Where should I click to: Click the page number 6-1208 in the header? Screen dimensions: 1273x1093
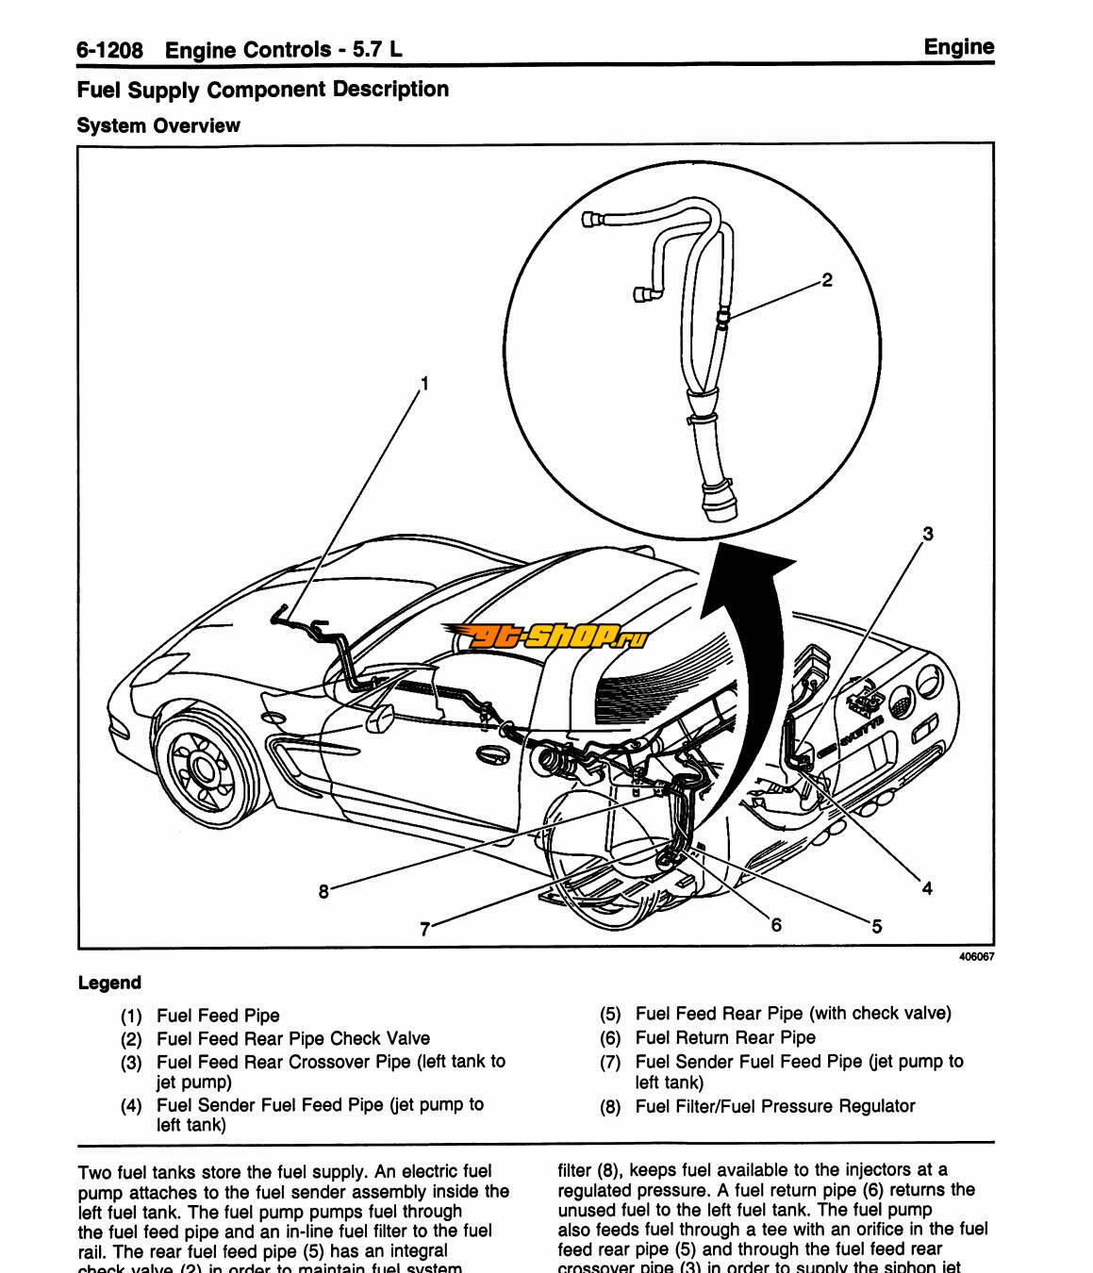[x=109, y=49]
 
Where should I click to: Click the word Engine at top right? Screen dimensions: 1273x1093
[x=958, y=47]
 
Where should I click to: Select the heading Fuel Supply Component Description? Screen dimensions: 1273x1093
[x=262, y=90]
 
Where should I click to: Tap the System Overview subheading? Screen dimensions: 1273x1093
[x=158, y=125]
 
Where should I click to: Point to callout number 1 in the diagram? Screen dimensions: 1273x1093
[x=424, y=383]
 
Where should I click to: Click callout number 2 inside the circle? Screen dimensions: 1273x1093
[x=827, y=280]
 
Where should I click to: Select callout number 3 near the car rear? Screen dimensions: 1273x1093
[x=927, y=534]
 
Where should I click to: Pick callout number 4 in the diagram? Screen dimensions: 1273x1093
[x=927, y=887]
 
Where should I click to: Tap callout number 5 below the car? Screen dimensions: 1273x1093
[x=876, y=926]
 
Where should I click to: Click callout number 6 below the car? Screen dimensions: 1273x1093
[x=776, y=924]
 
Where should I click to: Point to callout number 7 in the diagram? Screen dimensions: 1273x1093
[x=424, y=929]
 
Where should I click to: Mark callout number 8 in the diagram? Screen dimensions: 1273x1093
[x=323, y=891]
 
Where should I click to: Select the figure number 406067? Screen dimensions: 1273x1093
[x=976, y=956]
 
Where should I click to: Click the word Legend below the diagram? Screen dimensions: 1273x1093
[x=109, y=983]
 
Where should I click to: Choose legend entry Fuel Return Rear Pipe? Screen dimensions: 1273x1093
[x=725, y=1037]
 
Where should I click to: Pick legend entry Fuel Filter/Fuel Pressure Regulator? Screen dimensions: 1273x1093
[x=775, y=1105]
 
